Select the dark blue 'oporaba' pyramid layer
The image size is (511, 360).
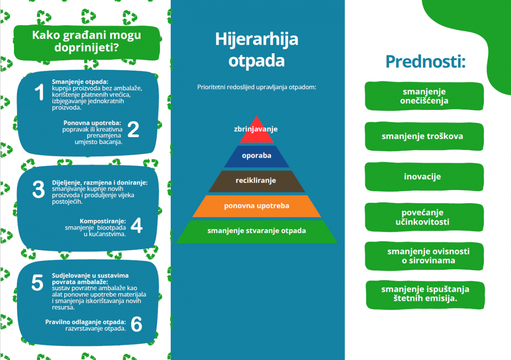coord(257,157)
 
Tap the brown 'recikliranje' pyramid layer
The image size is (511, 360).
coord(257,181)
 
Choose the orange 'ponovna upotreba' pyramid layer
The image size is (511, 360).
coord(257,206)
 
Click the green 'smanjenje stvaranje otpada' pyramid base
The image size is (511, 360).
coord(257,231)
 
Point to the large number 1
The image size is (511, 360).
coord(39,92)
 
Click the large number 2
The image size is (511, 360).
coord(133,130)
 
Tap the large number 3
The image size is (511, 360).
coord(39,189)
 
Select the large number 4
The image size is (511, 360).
coord(136,225)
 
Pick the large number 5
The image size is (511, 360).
coord(37,282)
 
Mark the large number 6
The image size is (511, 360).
coord(136,324)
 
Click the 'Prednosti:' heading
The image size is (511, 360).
coord(425,62)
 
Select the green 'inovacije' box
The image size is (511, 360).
coord(424,177)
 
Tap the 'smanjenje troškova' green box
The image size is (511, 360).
coord(424,136)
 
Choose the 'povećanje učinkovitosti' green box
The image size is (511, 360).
coord(424,217)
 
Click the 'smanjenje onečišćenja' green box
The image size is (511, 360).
coord(424,96)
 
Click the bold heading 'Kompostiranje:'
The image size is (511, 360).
coord(103,221)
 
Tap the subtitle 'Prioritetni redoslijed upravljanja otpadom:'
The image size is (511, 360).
coord(257,87)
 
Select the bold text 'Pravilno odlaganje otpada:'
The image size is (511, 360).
coord(86,322)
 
